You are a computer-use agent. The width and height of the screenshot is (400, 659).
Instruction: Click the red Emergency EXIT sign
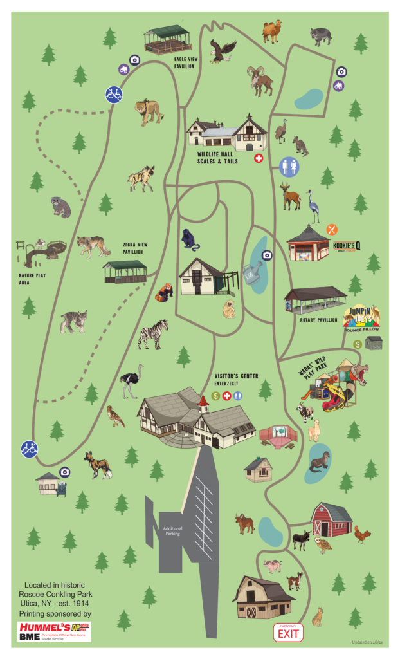coord(287,633)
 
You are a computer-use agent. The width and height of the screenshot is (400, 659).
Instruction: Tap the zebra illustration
coord(152,335)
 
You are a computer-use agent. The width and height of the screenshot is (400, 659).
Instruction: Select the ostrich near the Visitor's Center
coord(131,380)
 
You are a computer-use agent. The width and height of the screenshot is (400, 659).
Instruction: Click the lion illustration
coord(149,111)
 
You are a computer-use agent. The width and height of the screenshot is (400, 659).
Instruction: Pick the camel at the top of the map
coord(271,30)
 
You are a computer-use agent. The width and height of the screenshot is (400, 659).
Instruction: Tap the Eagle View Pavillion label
coord(188,62)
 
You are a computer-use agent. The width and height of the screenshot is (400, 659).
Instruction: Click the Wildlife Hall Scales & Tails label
coord(217,158)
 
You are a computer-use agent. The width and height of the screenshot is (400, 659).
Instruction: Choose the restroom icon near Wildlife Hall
coord(289,166)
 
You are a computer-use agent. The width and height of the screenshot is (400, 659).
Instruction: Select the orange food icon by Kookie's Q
coord(332,228)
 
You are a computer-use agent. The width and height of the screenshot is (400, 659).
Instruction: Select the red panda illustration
coord(164,293)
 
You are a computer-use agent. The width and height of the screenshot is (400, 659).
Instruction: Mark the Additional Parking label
coord(172,530)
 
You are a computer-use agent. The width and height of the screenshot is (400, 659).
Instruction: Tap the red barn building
coord(331,520)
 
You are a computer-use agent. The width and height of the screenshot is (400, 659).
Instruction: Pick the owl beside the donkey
coord(324,545)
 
